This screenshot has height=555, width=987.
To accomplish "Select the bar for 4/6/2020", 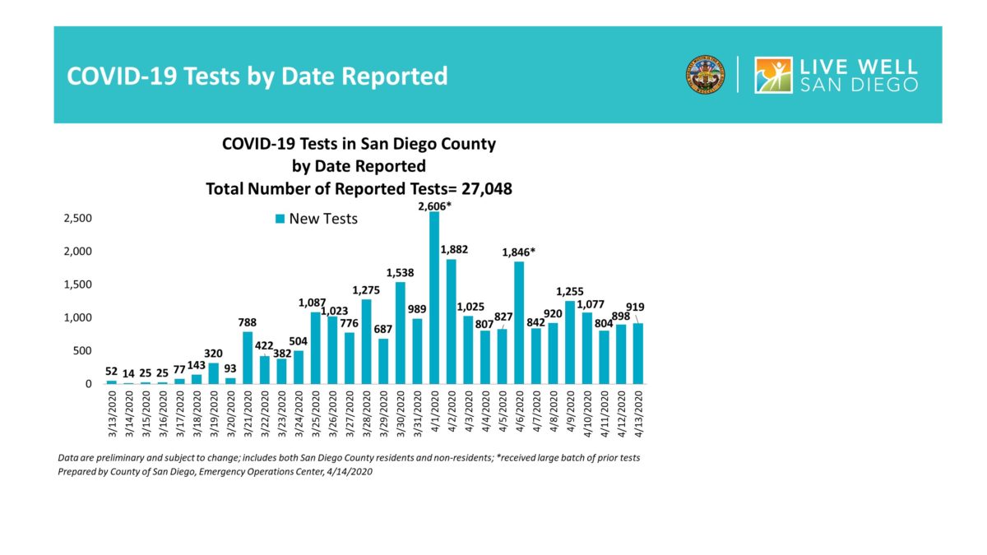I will point(519,322).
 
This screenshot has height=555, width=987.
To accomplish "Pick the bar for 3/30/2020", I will point(401,333).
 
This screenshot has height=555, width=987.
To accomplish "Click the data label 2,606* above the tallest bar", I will point(434,205).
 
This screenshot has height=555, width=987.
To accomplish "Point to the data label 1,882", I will point(454,249).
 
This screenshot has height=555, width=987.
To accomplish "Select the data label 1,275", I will point(366,289).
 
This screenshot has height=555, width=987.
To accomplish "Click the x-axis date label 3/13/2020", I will point(112,416).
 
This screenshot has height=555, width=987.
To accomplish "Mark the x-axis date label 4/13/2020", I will point(638,416).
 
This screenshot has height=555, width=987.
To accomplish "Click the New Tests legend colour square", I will point(280,219).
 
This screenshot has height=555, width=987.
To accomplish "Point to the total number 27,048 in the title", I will point(484,188).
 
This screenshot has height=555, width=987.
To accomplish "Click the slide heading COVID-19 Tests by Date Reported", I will point(257,76).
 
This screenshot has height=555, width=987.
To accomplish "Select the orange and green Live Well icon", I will point(773,76).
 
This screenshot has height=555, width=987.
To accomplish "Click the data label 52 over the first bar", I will point(112,372).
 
